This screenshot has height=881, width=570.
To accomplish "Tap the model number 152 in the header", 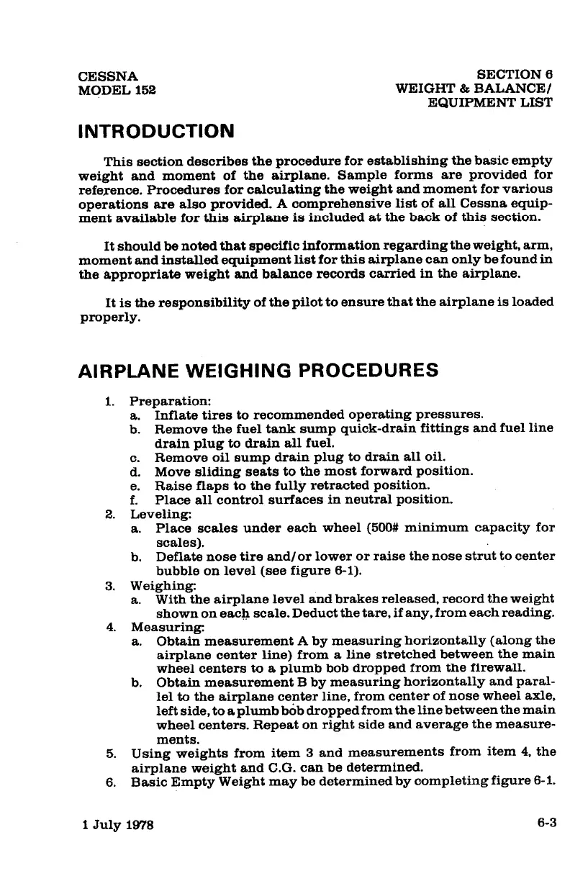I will [145, 90].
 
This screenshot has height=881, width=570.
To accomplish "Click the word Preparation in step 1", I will [162, 401].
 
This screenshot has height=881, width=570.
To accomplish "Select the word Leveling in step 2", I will [156, 514].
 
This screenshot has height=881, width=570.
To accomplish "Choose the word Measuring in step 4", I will [160, 626].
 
